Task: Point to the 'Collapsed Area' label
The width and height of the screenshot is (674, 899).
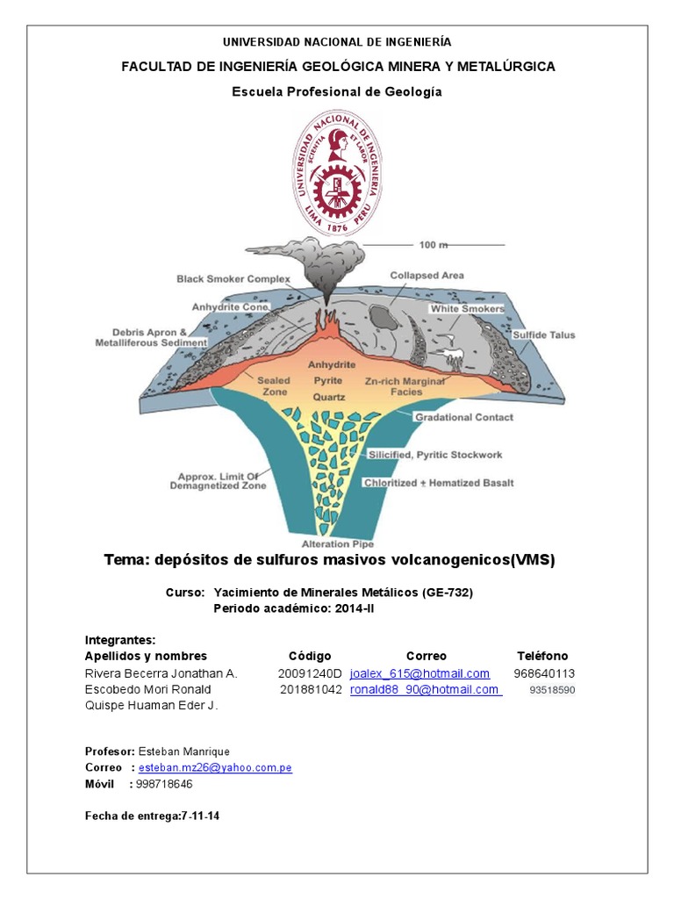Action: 427,275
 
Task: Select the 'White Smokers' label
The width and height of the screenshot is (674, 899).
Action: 467,309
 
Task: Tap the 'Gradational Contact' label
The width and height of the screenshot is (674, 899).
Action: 463,417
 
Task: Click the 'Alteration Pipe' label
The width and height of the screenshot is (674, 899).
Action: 337,543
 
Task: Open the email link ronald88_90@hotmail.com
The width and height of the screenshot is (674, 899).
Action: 425,689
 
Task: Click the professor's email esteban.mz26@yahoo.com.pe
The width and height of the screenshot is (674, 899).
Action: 215,767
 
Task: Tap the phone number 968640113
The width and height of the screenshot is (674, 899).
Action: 544,673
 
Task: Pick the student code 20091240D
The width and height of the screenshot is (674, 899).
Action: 309,673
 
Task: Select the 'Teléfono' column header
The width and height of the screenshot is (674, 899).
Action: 542,656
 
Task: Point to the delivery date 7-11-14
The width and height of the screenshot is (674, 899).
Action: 200,816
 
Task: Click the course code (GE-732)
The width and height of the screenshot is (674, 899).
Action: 448,593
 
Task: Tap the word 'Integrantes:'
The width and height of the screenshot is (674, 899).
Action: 120,639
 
